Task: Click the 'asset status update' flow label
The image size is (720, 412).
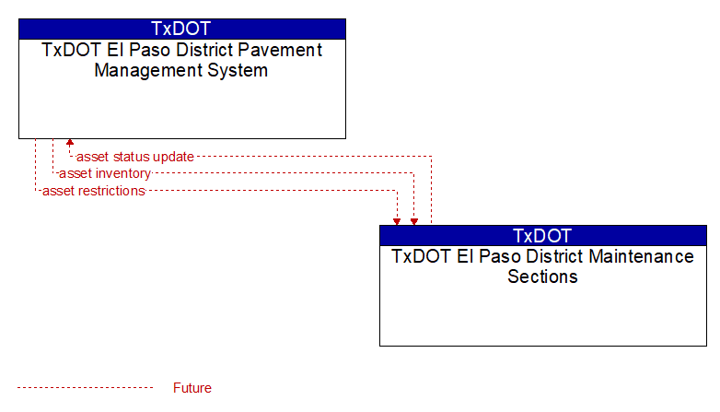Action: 135,157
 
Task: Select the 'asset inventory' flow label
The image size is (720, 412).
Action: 105,173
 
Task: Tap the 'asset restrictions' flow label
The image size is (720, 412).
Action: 94,191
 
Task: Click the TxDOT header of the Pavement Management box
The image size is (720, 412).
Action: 181,29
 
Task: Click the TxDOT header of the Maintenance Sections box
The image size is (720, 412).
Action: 542,235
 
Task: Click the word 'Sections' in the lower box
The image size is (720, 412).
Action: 542,277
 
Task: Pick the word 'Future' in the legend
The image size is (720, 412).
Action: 192,388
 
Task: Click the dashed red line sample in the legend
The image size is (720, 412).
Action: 85,388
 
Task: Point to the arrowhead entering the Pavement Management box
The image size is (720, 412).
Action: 70,143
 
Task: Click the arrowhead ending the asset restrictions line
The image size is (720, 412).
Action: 397,221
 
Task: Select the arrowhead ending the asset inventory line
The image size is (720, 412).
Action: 414,221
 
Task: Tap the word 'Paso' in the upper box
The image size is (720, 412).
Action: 147,50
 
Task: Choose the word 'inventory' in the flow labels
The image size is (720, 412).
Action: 123,173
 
